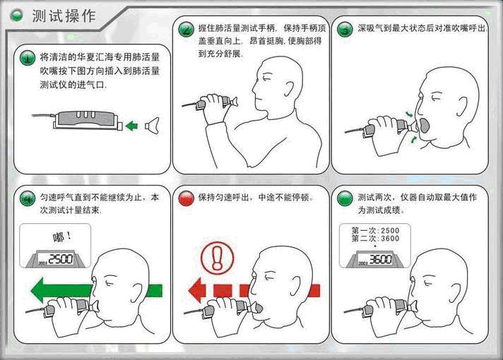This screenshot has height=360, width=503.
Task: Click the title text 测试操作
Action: point(63,16)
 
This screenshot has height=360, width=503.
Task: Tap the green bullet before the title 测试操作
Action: point(17,16)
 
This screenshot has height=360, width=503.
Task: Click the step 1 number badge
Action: point(26,57)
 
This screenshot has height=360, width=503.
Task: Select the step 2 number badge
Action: point(186,30)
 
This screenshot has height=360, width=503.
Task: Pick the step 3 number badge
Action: point(345,30)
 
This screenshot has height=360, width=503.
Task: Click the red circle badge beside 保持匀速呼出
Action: point(186,198)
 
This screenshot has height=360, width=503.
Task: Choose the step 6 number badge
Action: point(345,198)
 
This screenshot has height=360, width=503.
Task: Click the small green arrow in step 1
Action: point(131,126)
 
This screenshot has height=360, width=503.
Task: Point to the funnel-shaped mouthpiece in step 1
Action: point(152,126)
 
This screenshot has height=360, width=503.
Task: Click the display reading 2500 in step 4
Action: point(58,259)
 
